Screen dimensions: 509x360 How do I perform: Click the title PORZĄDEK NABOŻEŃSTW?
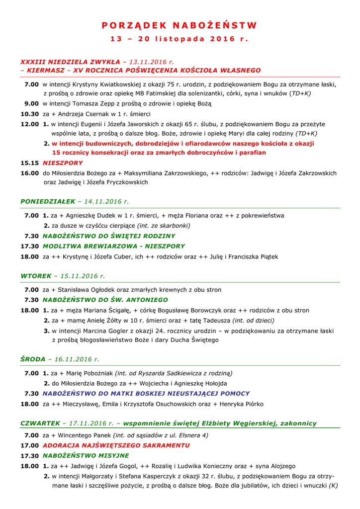click(x=180, y=25)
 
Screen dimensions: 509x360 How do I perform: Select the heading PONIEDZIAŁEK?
click(x=47, y=201)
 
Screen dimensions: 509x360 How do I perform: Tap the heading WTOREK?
click(x=36, y=275)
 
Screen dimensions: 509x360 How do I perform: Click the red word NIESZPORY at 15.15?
click(x=63, y=163)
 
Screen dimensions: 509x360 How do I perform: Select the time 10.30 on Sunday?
click(x=29, y=114)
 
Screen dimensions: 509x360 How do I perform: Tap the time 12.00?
click(x=29, y=124)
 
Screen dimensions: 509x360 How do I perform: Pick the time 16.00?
click(x=29, y=173)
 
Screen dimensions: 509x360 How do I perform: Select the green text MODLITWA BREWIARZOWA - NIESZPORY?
click(x=113, y=246)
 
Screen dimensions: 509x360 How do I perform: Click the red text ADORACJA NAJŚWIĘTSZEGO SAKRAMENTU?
click(x=116, y=445)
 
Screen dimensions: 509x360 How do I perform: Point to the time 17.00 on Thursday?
click(x=29, y=445)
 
